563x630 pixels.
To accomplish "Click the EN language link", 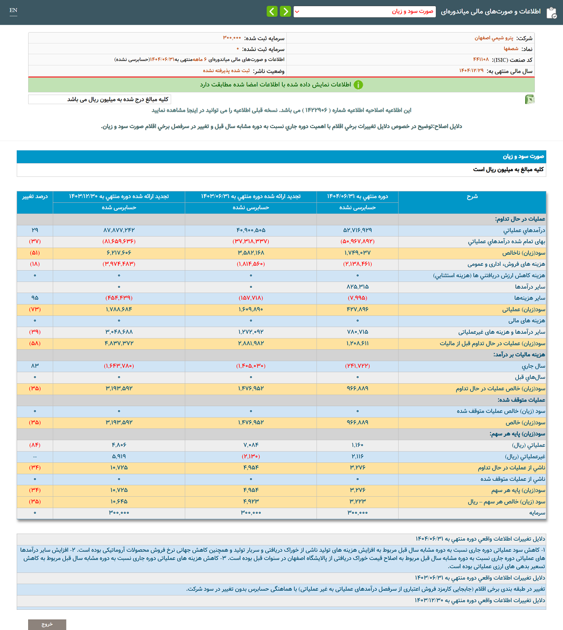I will pyautogui.click(x=13, y=11).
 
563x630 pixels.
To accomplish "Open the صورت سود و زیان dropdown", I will pyautogui.click(x=364, y=11).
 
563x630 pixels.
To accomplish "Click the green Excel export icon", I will pyautogui.click(x=530, y=99).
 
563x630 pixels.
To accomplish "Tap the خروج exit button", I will pyautogui.click(x=47, y=624).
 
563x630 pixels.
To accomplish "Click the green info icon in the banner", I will pyautogui.click(x=358, y=85).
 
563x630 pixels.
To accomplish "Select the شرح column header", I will pyautogui.click(x=472, y=197).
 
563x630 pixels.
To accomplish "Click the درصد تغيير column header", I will pyautogui.click(x=35, y=197).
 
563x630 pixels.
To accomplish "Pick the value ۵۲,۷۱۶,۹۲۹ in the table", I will pyautogui.click(x=357, y=230).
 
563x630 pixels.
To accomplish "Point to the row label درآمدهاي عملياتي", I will pyautogui.click(x=524, y=230).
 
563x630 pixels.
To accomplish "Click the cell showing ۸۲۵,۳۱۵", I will pyautogui.click(x=357, y=287).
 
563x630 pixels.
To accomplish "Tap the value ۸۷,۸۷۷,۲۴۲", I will pyautogui.click(x=119, y=230).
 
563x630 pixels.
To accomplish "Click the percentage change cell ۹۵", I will pyautogui.click(x=35, y=298).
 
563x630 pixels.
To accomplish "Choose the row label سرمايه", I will pyautogui.click(x=537, y=513).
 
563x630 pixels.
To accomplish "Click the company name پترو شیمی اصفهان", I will pyautogui.click(x=494, y=38).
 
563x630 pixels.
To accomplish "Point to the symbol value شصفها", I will pyautogui.click(x=511, y=49).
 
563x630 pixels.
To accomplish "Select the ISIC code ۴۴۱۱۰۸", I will pyautogui.click(x=481, y=60).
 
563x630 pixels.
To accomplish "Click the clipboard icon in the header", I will pyautogui.click(x=551, y=13).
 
